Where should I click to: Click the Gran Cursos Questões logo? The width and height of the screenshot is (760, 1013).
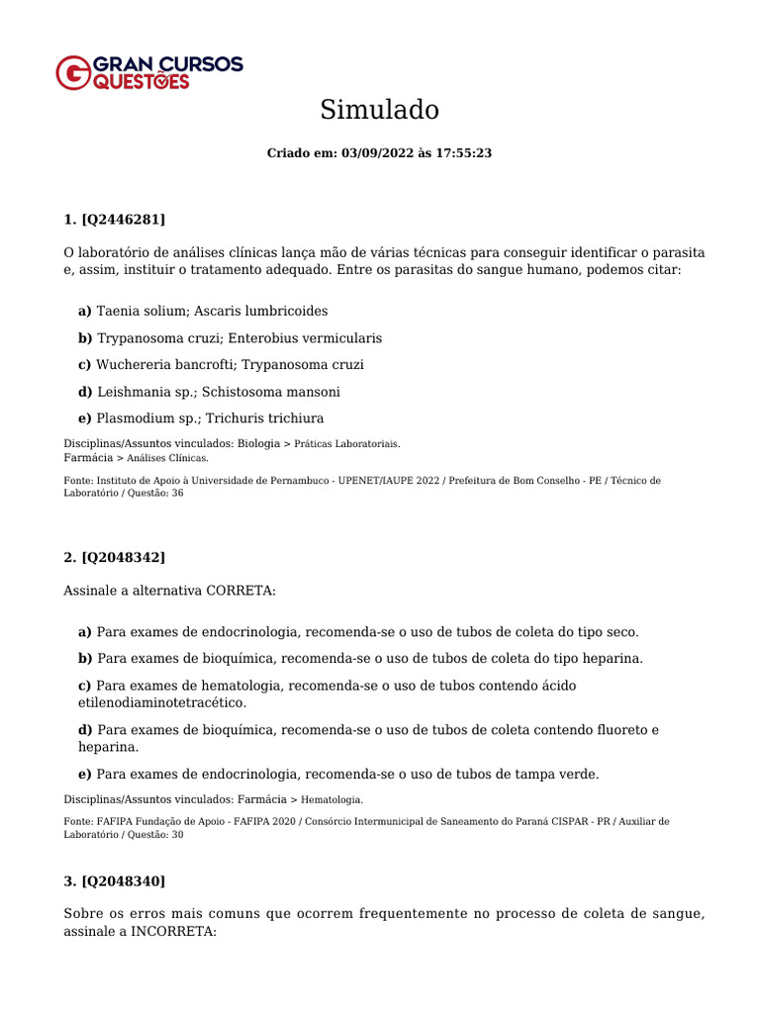[148, 72]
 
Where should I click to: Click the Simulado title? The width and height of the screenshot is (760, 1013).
[379, 110]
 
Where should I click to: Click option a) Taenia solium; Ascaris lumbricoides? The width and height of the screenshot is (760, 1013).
[203, 311]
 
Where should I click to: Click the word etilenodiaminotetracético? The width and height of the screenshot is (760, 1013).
[162, 703]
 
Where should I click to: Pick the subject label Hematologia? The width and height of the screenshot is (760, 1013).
[332, 798]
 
